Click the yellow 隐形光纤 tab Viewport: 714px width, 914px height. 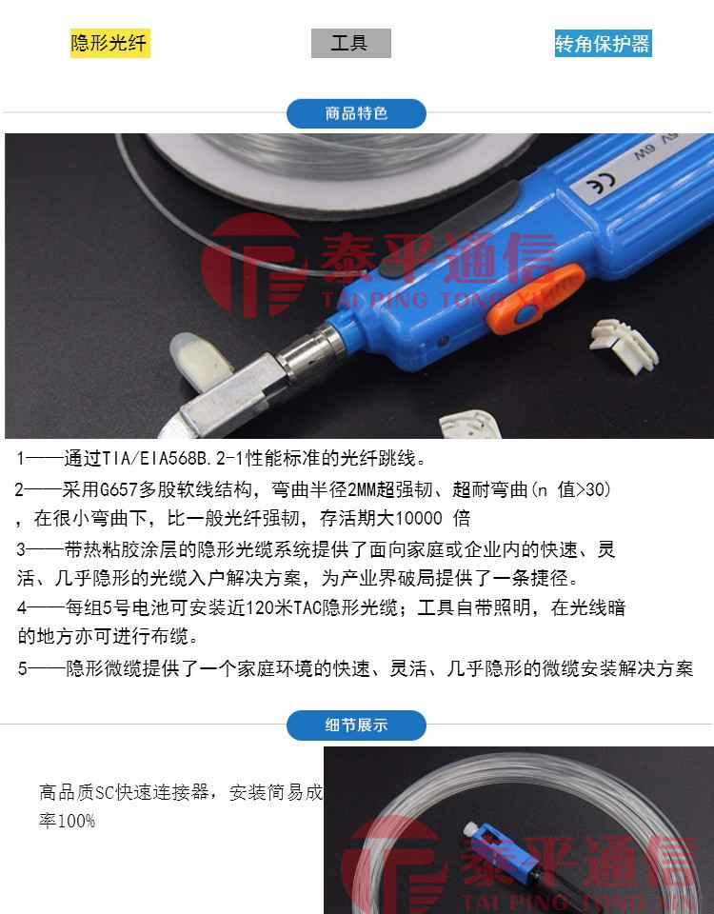pos(109,44)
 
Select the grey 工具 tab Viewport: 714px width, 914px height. pos(350,44)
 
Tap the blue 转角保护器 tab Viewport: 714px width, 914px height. pos(603,44)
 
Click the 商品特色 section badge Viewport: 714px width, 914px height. pos(356,113)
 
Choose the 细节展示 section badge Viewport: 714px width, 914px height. pos(356,725)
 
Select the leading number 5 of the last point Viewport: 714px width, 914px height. pos(22,668)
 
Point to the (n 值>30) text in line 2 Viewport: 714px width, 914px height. pos(570,490)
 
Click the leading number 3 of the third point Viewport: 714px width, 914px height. pos(22,549)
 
